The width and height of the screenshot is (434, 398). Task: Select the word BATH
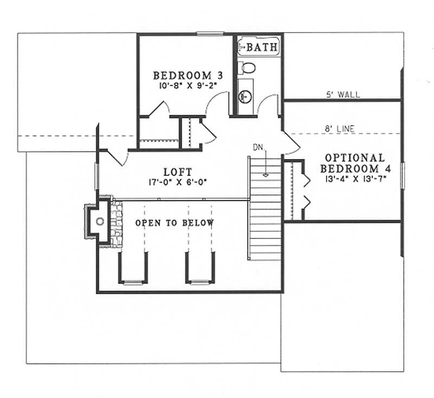[262, 48]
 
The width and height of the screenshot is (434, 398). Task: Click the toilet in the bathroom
[247, 68]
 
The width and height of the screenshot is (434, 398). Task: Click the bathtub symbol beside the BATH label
[242, 47]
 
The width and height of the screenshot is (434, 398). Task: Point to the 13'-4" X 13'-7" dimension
[355, 178]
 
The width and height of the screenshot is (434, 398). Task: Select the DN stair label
[258, 147]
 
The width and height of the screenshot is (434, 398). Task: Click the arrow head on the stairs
[265, 175]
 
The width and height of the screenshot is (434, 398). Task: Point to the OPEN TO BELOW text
[174, 223]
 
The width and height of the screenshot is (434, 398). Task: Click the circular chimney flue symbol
[99, 221]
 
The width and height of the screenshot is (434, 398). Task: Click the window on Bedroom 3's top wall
[207, 34]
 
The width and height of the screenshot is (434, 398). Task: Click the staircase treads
[265, 217]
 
